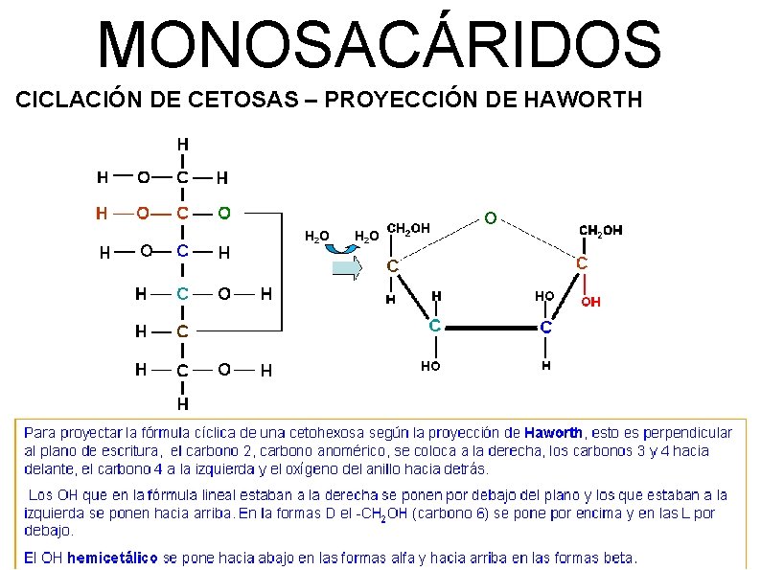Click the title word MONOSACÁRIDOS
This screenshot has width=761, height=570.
380,44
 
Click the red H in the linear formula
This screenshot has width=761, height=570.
101,212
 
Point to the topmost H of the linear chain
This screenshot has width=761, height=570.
182,143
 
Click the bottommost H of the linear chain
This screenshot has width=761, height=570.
181,403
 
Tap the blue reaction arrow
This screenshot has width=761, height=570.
347,263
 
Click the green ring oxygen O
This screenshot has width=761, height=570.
490,218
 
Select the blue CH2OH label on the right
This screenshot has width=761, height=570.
601,230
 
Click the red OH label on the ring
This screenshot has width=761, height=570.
591,302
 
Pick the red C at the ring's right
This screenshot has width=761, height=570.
581,262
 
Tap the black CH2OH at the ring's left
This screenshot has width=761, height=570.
407,228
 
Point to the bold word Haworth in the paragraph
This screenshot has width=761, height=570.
555,433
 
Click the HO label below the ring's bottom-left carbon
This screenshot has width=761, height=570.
430,365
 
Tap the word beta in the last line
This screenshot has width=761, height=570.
619,558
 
